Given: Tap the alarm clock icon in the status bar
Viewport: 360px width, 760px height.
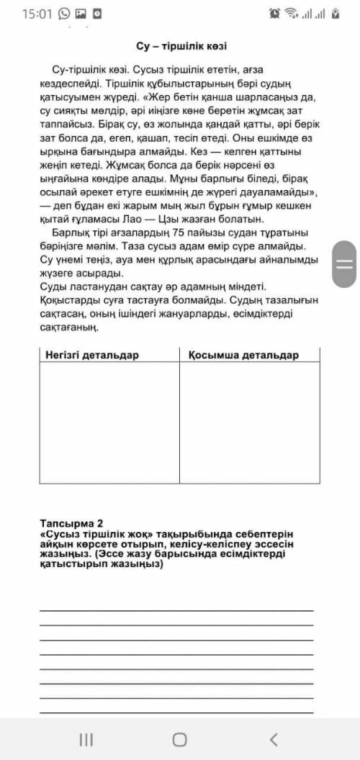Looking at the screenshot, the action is click(274, 14).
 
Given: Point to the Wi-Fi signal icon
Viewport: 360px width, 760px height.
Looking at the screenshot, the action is click(292, 14).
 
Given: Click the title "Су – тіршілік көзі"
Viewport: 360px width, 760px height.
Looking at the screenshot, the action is click(181, 46).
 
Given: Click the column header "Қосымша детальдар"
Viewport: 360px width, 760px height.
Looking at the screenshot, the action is click(243, 355).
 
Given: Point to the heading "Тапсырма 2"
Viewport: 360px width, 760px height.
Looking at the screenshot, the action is click(72, 523).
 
